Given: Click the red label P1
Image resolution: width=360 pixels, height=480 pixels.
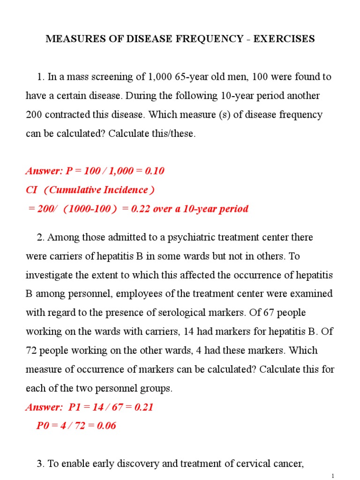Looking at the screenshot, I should (75, 407).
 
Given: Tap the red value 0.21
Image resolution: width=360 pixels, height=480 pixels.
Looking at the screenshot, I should (144, 407).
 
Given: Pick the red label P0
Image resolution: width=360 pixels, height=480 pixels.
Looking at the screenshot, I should (43, 426).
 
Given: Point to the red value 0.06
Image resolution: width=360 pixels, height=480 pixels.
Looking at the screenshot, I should (106, 426).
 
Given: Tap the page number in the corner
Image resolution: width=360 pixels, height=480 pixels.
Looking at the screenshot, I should (332, 476).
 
